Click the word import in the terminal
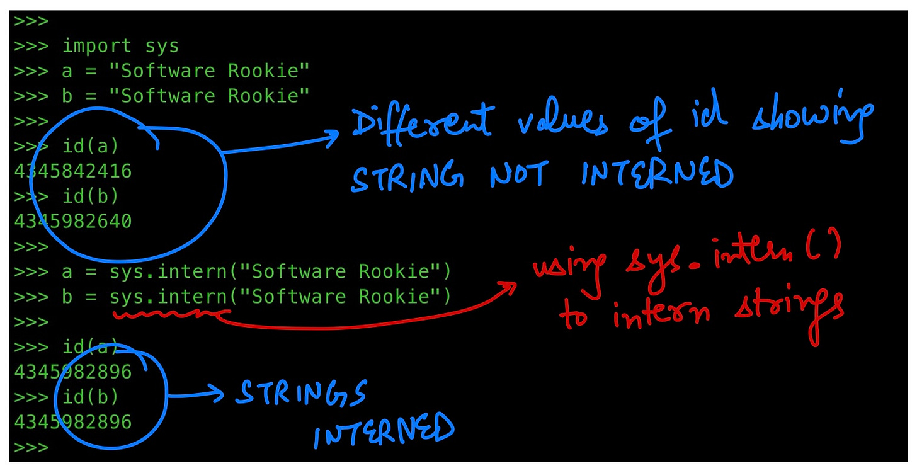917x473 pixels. (97, 46)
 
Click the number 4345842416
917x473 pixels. (73, 171)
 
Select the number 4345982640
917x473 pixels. (73, 222)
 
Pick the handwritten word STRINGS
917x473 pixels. (300, 393)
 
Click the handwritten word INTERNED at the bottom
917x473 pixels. (384, 431)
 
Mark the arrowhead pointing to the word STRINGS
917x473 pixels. (217, 395)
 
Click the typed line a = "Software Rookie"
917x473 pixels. (186, 71)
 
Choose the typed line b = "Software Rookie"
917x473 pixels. (186, 96)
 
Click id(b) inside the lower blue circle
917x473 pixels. (90, 397)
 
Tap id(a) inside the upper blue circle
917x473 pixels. (90, 147)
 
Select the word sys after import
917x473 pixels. (162, 46)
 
